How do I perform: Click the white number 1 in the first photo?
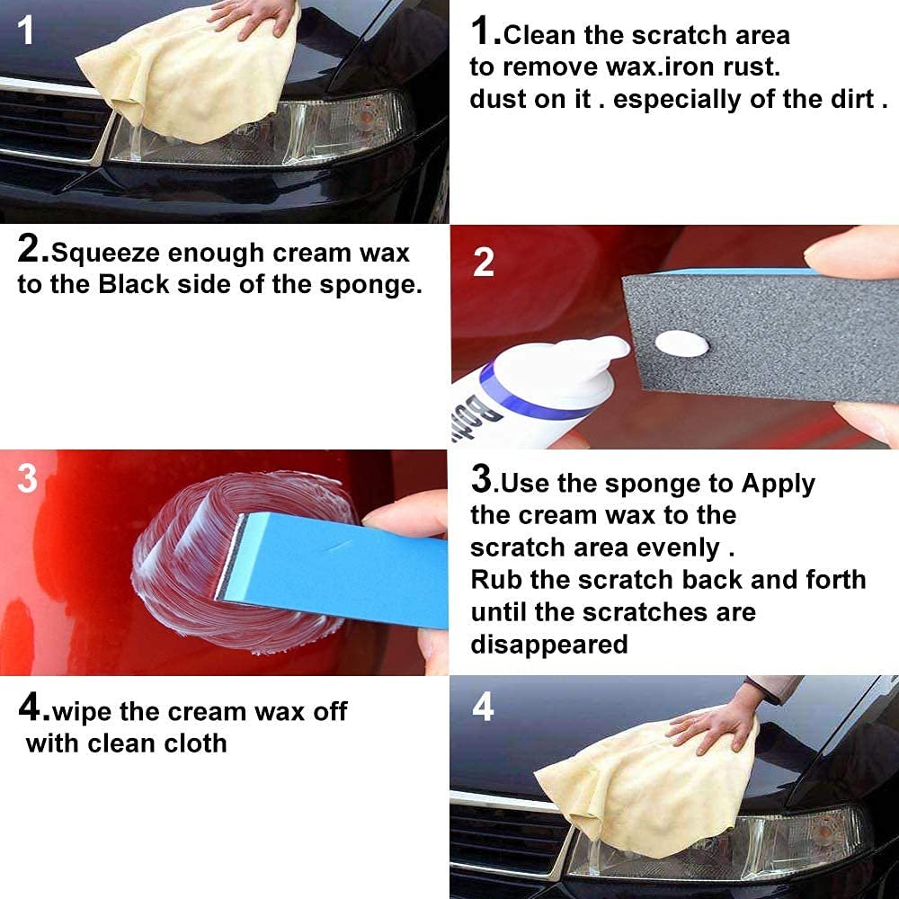tap(26, 31)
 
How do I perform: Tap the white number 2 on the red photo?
tap(484, 263)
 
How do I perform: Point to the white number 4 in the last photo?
tap(483, 708)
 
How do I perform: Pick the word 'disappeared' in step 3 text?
tap(548, 645)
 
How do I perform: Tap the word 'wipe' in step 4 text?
tap(83, 711)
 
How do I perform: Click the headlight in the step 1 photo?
tap(342, 130)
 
